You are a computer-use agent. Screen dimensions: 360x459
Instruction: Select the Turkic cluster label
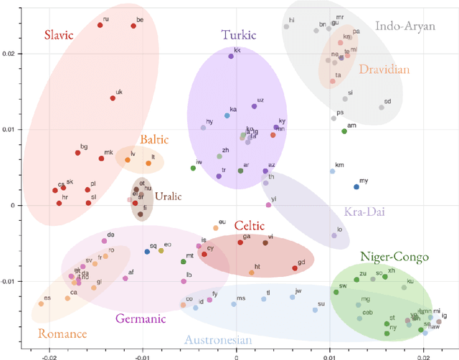pos(238,35)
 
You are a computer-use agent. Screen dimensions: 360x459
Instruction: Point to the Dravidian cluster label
pos(384,70)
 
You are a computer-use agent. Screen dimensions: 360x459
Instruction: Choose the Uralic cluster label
pos(169,196)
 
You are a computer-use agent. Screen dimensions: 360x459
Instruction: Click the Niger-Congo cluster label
pos(394,257)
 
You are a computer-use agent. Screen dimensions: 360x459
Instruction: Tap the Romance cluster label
pos(62,333)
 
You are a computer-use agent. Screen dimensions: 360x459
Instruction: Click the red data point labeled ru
pos(100,26)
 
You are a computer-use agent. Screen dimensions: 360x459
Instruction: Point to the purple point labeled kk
pos(231,56)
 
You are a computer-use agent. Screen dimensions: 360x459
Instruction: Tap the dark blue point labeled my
pos(356,187)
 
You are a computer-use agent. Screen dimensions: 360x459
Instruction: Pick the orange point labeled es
pos(41,304)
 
